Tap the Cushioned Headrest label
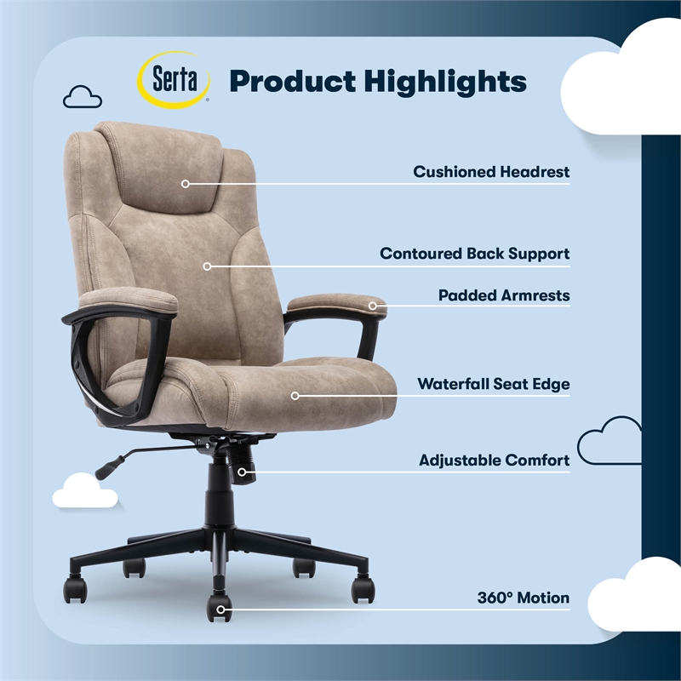491,172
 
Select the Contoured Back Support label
474,254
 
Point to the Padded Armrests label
504,295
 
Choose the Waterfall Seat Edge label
493,384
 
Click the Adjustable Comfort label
494,461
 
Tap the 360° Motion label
523,598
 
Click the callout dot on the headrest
186,182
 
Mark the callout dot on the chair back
207,266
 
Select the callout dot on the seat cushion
295,395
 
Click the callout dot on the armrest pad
373,305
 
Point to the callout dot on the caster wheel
220,608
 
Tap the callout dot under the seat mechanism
243,471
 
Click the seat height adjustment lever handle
109,466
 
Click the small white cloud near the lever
84,491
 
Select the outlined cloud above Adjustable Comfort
609,439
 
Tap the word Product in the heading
291,82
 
